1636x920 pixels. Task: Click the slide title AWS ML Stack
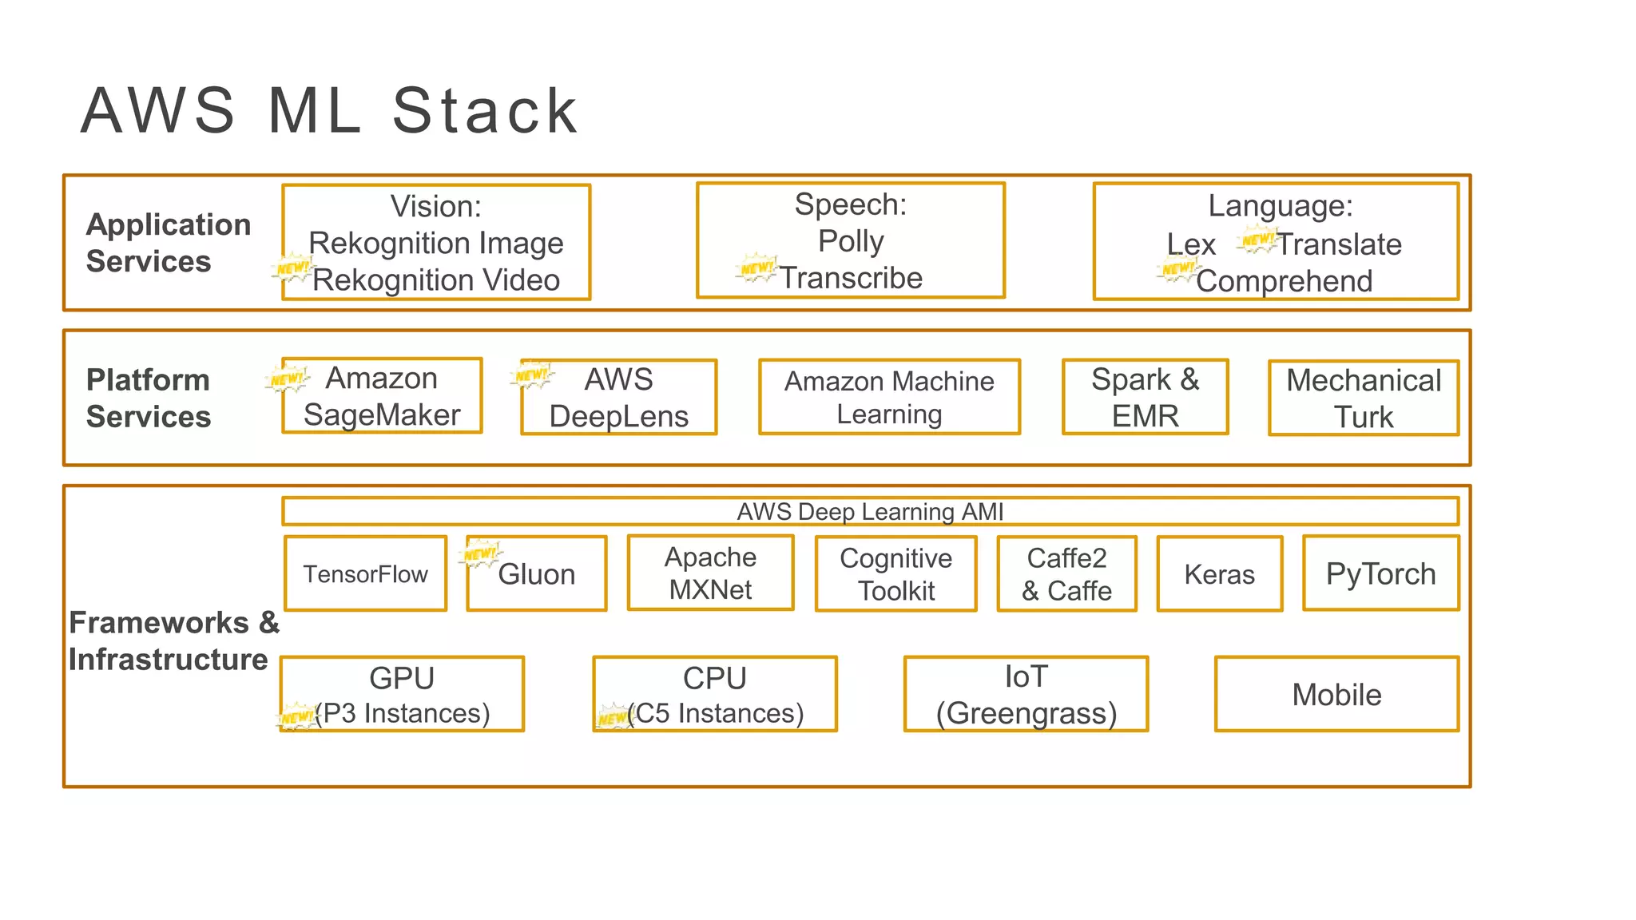pyautogui.click(x=329, y=110)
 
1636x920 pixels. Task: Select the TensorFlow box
pyautogui.click(x=365, y=573)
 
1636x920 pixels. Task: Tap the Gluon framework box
pyautogui.click(x=537, y=573)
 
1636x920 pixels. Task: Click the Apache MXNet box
pyautogui.click(x=710, y=573)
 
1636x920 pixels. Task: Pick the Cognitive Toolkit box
pyautogui.click(x=895, y=573)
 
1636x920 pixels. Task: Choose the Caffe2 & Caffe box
pyautogui.click(x=1066, y=573)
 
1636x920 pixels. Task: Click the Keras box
pyautogui.click(x=1219, y=573)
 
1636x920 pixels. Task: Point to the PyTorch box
pyautogui.click(x=1380, y=573)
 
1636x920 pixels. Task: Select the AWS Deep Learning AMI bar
pyautogui.click(x=870, y=511)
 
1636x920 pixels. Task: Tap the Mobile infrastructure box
pyautogui.click(x=1336, y=694)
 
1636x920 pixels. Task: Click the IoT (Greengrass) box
pyautogui.click(x=1026, y=694)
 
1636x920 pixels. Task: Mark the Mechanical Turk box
pyautogui.click(x=1363, y=398)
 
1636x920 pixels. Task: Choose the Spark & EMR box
pyautogui.click(x=1145, y=397)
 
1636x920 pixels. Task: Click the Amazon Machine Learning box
pyautogui.click(x=889, y=397)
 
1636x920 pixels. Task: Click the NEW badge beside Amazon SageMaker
pyautogui.click(x=287, y=379)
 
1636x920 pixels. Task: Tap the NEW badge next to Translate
pyautogui.click(x=1257, y=239)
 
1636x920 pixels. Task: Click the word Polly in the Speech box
pyautogui.click(x=851, y=241)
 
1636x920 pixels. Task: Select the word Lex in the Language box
pyautogui.click(x=1190, y=244)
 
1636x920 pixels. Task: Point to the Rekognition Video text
pyautogui.click(x=436, y=280)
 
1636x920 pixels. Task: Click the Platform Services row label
pyautogui.click(x=149, y=398)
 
